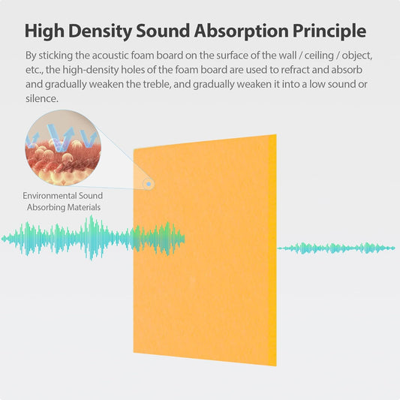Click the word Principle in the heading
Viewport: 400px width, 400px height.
pos(325,31)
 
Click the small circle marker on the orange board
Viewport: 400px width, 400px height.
pos(149,182)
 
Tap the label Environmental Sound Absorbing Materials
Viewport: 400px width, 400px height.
pos(62,201)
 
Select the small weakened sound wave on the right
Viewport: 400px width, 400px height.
pos(336,248)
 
